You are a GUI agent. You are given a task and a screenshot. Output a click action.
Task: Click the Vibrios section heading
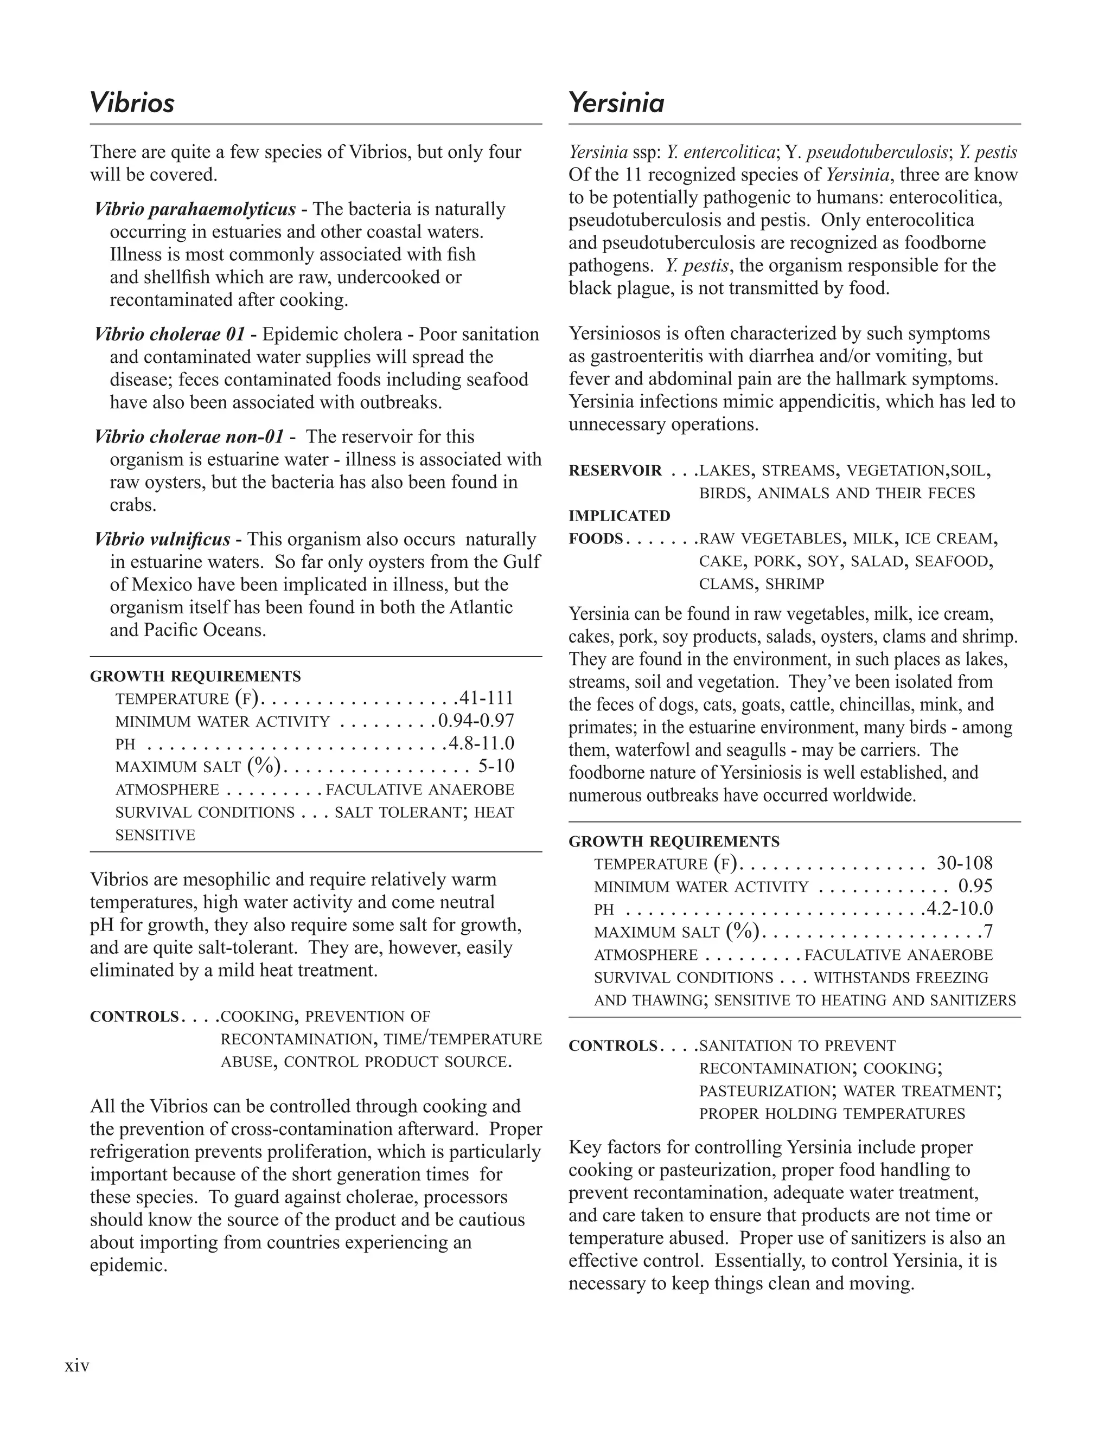coord(132,102)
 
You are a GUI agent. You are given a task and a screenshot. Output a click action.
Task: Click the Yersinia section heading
coord(616,102)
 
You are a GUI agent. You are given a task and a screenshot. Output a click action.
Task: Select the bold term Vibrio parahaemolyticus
coord(195,209)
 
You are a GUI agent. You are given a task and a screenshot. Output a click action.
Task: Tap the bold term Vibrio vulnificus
coord(163,540)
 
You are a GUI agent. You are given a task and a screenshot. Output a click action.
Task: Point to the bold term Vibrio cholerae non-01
coord(189,437)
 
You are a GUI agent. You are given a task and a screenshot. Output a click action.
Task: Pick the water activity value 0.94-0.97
coord(476,721)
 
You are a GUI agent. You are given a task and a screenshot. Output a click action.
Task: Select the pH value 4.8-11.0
coord(481,743)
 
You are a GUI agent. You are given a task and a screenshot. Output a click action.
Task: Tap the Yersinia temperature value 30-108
coord(964,863)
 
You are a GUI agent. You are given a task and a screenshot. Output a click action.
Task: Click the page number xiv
coord(77,1366)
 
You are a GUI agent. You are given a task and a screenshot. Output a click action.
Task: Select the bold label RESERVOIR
coord(615,471)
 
